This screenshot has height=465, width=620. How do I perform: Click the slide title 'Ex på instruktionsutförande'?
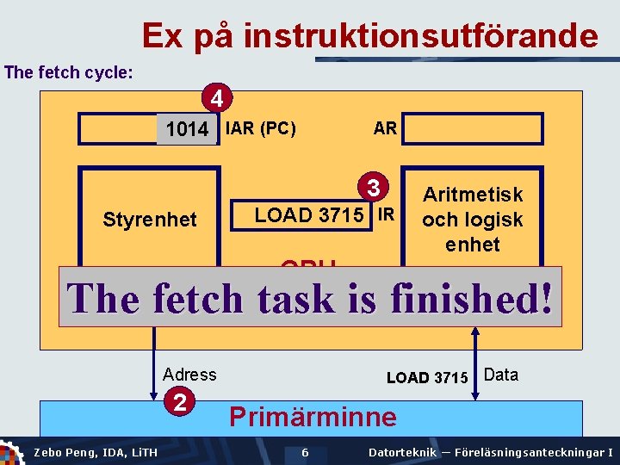pyautogui.click(x=369, y=35)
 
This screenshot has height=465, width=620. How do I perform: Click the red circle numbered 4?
pyautogui.click(x=219, y=99)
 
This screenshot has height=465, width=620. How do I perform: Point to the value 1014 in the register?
pyautogui.click(x=187, y=130)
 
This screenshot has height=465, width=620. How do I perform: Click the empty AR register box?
pyautogui.click(x=473, y=129)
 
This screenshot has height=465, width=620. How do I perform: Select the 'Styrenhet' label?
pyautogui.click(x=150, y=220)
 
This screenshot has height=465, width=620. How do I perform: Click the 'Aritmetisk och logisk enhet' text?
pyautogui.click(x=472, y=220)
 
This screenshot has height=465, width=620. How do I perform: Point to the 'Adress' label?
pyautogui.click(x=189, y=375)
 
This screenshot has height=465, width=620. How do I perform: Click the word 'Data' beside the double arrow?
pyautogui.click(x=501, y=375)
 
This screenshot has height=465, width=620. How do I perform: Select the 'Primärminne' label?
pyautogui.click(x=313, y=417)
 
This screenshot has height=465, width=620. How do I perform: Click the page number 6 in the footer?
pyautogui.click(x=305, y=453)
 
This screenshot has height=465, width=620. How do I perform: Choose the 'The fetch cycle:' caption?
pyautogui.click(x=69, y=72)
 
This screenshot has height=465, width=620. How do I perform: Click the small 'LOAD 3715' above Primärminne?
pyautogui.click(x=427, y=377)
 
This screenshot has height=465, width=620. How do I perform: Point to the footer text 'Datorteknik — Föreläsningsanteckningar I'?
pyautogui.click(x=490, y=453)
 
